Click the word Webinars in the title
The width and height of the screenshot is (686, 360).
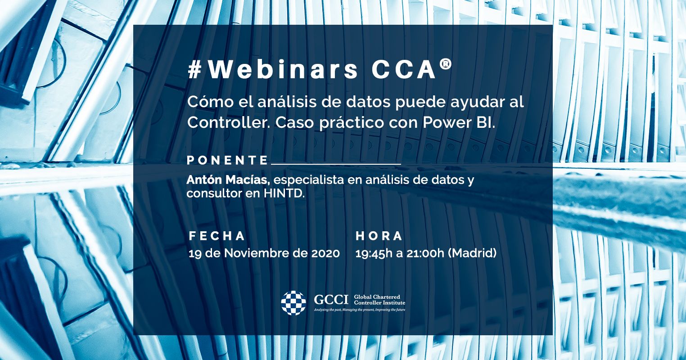283,70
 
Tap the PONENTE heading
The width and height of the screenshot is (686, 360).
227,160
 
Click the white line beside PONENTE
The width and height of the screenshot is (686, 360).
336,164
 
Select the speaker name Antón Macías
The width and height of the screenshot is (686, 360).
228,180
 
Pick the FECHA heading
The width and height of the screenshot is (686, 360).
217,236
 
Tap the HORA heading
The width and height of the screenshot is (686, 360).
379,236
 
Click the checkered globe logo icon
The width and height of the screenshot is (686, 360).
293,303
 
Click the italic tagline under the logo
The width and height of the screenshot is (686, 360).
360,310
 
